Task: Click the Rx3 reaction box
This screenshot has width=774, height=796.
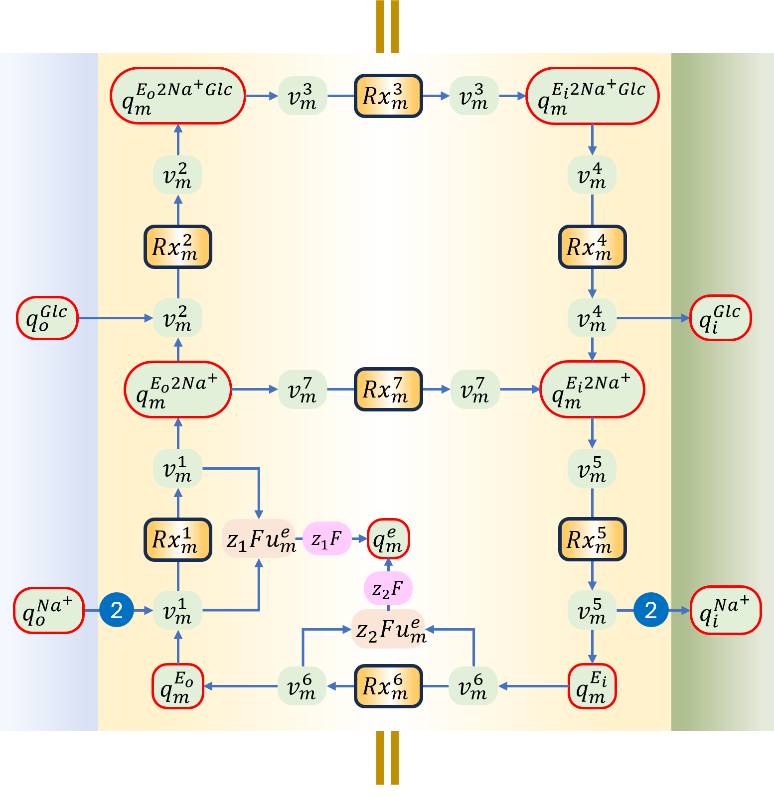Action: [x=388, y=96]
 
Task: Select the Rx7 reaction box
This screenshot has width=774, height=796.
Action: [x=388, y=389]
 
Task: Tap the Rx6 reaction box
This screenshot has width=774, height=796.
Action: [x=388, y=686]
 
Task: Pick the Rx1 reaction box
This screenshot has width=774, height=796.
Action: [x=178, y=539]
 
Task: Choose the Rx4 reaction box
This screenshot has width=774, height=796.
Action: [x=592, y=247]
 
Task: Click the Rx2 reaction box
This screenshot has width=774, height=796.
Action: [x=178, y=247]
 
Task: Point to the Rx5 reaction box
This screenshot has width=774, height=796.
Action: [x=592, y=539]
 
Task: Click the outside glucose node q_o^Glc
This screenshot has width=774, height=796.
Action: [x=47, y=318]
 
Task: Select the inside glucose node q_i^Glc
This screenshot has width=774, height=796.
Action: [x=720, y=318]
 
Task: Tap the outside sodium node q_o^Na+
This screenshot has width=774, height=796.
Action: [x=49, y=610]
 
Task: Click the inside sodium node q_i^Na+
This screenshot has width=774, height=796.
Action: [x=726, y=610]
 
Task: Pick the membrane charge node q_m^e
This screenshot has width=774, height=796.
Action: [x=388, y=538]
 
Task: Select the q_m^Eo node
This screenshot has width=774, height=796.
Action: [x=178, y=686]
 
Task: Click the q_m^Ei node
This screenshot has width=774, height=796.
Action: [x=592, y=686]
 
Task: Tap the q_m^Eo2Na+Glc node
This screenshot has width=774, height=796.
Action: [x=178, y=96]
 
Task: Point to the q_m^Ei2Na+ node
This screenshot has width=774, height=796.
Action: [x=592, y=389]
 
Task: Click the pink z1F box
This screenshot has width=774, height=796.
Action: [x=327, y=538]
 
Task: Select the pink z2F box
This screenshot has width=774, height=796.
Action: [x=388, y=588]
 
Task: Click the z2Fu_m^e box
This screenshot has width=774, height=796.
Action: [x=388, y=629]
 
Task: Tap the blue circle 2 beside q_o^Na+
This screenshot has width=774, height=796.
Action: [x=117, y=610]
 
